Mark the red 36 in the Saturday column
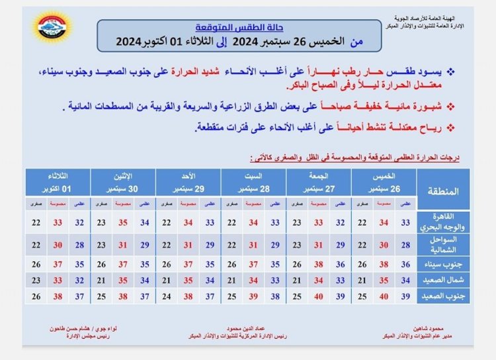[x=253, y=263]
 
